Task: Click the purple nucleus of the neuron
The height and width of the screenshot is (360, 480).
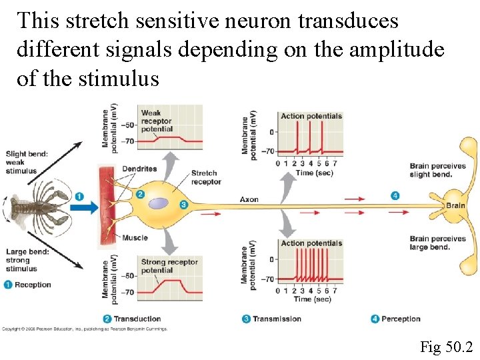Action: (x=158, y=203)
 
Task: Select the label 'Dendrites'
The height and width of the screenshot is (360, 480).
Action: (x=140, y=169)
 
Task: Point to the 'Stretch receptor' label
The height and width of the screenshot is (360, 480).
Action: (x=205, y=177)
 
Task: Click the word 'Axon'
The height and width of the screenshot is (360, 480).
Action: (x=249, y=199)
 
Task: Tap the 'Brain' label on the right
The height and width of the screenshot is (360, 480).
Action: (x=455, y=205)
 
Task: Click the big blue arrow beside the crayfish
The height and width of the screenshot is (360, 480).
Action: (x=84, y=209)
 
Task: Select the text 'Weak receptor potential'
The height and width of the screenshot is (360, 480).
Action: (x=157, y=121)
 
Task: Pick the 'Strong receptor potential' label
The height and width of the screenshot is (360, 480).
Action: (x=170, y=266)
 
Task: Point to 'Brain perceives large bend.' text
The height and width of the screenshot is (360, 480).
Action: (x=437, y=243)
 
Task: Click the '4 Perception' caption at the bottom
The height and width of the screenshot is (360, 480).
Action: (x=396, y=319)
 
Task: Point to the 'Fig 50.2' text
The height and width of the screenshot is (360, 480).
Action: (x=446, y=347)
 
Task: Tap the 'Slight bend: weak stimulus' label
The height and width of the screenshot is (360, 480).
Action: (x=26, y=162)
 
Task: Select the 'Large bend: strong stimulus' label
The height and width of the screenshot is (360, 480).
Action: (x=26, y=261)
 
